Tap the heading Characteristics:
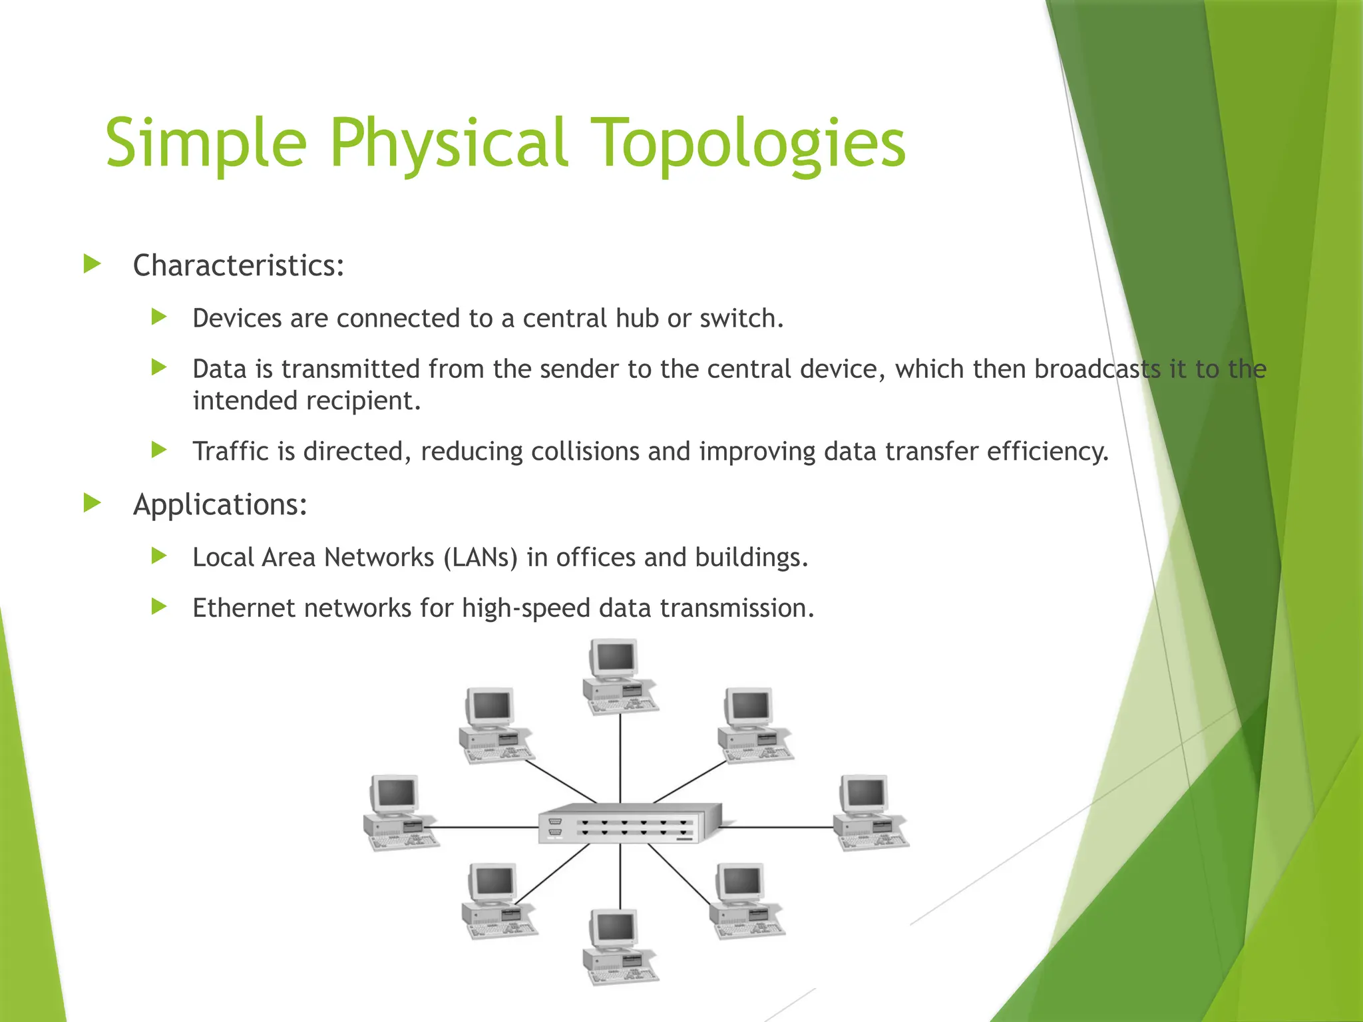click(238, 265)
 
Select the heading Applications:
click(220, 504)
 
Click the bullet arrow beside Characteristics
click(93, 264)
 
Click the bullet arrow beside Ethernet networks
click(158, 606)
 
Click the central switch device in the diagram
click(630, 824)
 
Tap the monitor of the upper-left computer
click(490, 707)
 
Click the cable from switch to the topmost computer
click(620, 759)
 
